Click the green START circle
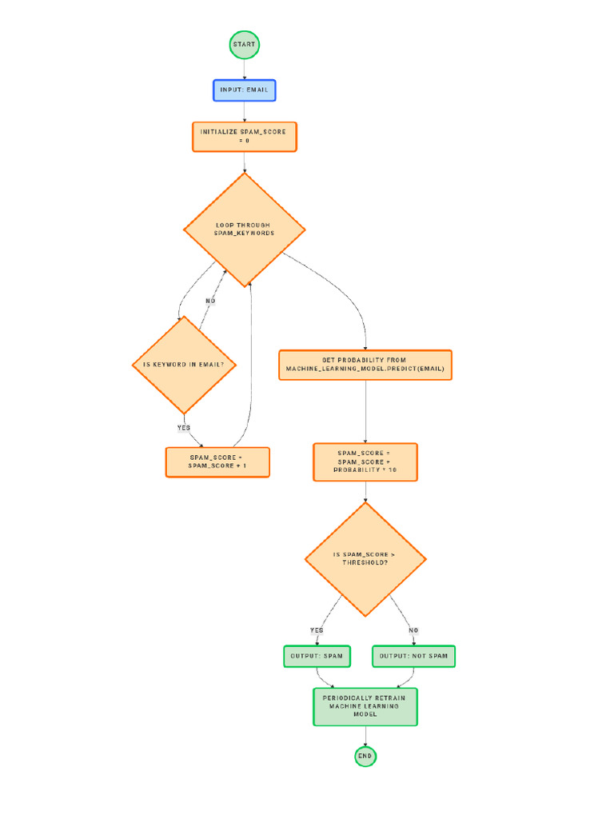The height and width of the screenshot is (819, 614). click(x=244, y=45)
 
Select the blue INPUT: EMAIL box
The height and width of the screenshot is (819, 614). click(x=244, y=90)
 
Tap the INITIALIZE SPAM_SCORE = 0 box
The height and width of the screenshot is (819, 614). click(x=244, y=137)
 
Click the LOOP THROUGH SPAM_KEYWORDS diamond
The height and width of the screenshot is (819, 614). click(x=244, y=230)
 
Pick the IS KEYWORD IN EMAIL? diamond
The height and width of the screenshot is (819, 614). click(x=184, y=365)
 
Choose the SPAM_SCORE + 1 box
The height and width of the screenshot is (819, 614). click(x=217, y=462)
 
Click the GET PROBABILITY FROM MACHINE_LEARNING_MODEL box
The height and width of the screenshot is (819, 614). click(x=365, y=365)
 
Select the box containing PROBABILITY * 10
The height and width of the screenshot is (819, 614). click(x=365, y=462)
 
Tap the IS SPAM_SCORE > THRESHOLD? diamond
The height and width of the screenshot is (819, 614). click(x=365, y=559)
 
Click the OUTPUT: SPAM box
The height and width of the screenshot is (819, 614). click(x=317, y=657)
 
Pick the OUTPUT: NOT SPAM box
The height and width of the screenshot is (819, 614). click(x=413, y=657)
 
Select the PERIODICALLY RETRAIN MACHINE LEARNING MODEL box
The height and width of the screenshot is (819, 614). click(x=365, y=706)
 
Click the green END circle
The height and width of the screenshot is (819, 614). click(x=365, y=756)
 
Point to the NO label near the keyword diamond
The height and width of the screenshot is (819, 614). click(x=210, y=302)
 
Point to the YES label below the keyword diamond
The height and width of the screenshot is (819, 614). click(x=184, y=428)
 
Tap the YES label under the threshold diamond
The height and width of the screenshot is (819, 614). click(x=317, y=630)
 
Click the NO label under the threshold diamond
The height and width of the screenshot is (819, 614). click(x=413, y=630)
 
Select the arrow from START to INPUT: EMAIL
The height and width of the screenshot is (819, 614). click(x=244, y=70)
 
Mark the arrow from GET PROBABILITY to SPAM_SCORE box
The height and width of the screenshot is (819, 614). click(x=365, y=411)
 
